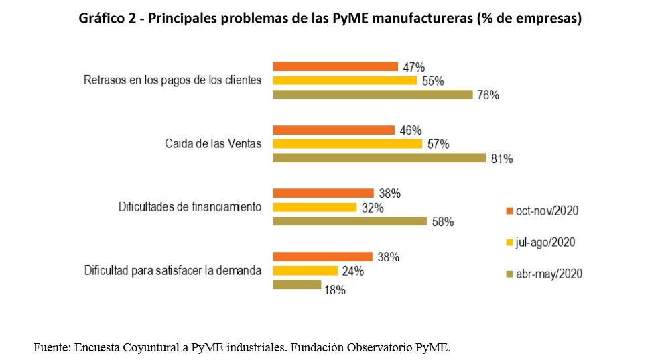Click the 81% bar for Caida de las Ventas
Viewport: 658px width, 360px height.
[x=379, y=158]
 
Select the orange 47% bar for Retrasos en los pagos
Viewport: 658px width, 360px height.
[x=335, y=66]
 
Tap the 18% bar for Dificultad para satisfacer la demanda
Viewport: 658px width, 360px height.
[x=297, y=285]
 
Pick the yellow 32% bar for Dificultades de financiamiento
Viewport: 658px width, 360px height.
[x=314, y=208]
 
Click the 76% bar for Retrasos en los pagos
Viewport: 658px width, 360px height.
[x=373, y=95]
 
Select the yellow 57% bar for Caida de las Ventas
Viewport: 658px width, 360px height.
[x=347, y=144]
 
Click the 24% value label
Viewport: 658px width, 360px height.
[x=352, y=272]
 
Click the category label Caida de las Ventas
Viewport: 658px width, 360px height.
[x=213, y=144]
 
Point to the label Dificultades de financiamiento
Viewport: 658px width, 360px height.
[x=190, y=207]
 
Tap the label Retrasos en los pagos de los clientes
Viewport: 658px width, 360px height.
[x=172, y=80]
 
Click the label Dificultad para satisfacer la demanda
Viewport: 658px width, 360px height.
[x=172, y=271]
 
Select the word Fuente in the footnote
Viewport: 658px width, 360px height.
[x=52, y=347]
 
